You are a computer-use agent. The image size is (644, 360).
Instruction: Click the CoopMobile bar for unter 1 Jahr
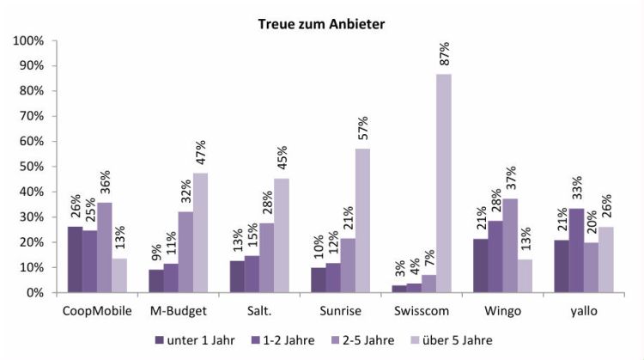coord(76,259)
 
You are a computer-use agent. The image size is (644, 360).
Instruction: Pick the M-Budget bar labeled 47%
coord(200,233)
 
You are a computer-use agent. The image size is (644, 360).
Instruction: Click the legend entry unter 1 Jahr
coord(193,340)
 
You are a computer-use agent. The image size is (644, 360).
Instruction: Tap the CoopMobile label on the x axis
coord(90,308)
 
